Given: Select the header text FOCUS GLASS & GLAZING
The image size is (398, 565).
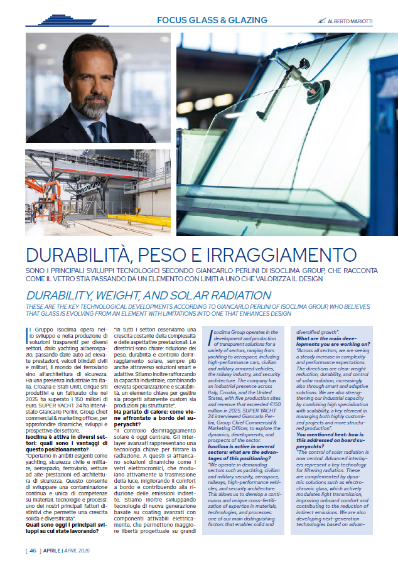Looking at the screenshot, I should [212, 21].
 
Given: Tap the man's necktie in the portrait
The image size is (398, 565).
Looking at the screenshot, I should [97, 132].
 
